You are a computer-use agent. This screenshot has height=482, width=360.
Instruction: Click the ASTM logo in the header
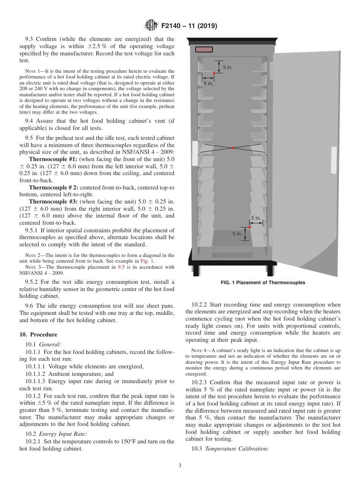pyautogui.click(x=152, y=26)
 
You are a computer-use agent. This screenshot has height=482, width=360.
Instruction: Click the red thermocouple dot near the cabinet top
pyautogui.click(x=214, y=73)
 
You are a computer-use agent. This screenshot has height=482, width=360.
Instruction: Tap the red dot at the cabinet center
pyautogui.click(x=233, y=147)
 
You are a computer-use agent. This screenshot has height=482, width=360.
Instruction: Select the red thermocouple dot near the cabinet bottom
pyautogui.click(x=249, y=227)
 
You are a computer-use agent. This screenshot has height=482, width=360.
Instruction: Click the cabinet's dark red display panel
pyautogui.click(x=204, y=49)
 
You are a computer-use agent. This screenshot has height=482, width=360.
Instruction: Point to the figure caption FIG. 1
pyautogui.click(x=263, y=283)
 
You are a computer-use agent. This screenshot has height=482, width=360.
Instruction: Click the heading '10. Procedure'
pyautogui.click(x=38, y=335)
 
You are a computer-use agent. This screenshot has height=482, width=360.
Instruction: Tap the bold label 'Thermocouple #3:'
pyautogui.click(x=53, y=202)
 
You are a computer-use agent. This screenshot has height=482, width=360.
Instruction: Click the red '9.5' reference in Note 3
pyautogui.click(x=121, y=267)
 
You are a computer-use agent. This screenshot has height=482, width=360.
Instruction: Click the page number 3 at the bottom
pyautogui.click(x=180, y=465)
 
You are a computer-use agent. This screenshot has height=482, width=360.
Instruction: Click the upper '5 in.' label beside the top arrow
pyautogui.click(x=227, y=67)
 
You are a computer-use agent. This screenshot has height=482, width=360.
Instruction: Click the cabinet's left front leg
pyautogui.click(x=196, y=270)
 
